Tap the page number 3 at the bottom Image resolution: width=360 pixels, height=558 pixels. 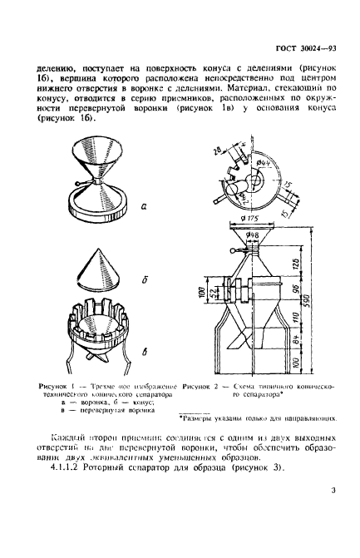click(x=332, y=514)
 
